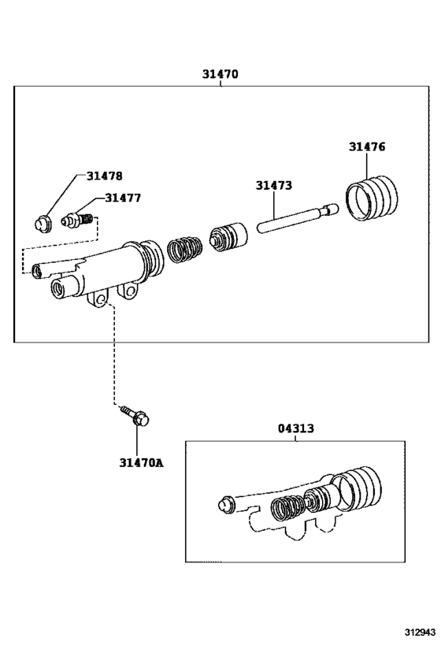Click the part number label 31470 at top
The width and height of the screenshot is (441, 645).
pyautogui.click(x=220, y=75)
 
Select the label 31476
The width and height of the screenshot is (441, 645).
pyautogui.click(x=368, y=146)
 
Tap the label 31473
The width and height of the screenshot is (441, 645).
pyautogui.click(x=273, y=186)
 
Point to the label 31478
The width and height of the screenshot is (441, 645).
pyautogui.click(x=105, y=176)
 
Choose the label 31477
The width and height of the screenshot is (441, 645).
pyautogui.click(x=123, y=198)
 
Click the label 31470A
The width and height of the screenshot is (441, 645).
pyautogui.click(x=141, y=462)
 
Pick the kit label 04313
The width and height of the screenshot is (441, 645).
pyautogui.click(x=295, y=428)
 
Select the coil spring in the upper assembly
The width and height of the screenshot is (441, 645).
pyautogui.click(x=183, y=250)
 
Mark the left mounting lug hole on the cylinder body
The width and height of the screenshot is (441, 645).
pyautogui.click(x=99, y=302)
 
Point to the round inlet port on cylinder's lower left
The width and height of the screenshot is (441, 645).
pyautogui.click(x=57, y=291)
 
